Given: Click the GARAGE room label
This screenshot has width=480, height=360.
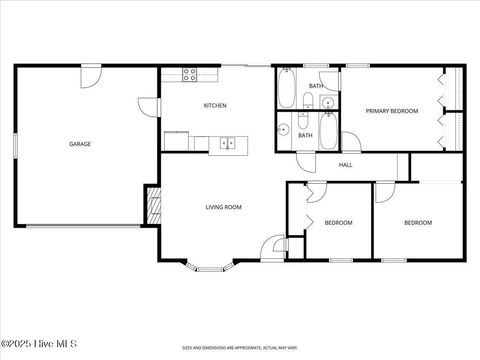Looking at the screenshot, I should [x=80, y=144].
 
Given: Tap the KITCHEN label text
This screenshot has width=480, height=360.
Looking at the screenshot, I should [x=215, y=105].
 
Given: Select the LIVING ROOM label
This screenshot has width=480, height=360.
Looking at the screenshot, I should [x=223, y=207].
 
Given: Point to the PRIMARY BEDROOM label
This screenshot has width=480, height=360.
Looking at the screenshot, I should [x=391, y=111].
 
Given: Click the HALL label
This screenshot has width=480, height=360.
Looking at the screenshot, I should [x=346, y=165].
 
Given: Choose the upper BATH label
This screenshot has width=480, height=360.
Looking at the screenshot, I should [x=315, y=86].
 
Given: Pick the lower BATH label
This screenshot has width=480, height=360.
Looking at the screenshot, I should [x=305, y=135].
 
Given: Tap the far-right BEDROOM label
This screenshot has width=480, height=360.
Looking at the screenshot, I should [x=417, y=222].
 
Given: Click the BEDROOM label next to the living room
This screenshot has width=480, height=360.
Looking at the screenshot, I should [x=338, y=223].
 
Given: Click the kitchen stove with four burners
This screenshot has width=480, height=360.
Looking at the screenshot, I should [x=191, y=72].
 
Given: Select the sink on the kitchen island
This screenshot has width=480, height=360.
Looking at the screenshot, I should [x=229, y=144].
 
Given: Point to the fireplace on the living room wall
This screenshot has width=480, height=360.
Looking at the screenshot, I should [x=153, y=206].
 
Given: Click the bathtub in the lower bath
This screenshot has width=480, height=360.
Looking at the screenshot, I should [x=329, y=131].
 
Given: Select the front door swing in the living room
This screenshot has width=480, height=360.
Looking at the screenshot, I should [x=272, y=246].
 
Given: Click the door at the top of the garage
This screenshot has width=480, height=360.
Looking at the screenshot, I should [x=91, y=74].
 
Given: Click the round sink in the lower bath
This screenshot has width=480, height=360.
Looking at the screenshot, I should [x=284, y=129].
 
